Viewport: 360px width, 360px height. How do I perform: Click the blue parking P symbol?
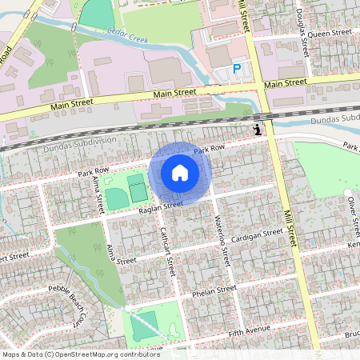[x=237, y=70]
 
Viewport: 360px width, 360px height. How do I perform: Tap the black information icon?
[x=256, y=129]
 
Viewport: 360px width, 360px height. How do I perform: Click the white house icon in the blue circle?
[x=180, y=172]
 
